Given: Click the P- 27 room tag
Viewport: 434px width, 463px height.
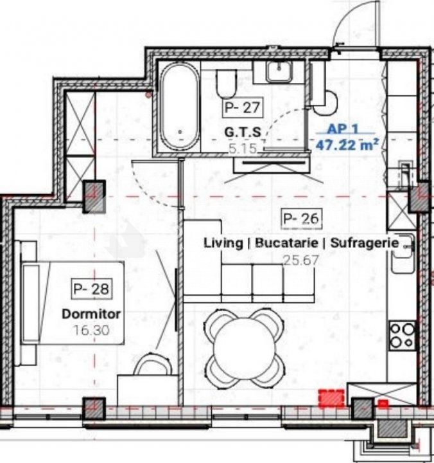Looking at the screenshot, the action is point(242,107).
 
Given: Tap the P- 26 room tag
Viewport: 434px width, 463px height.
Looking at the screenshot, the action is point(301,219).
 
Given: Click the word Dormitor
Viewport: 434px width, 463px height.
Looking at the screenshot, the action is point(91,314).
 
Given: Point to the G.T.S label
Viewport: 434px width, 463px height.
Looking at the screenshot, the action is point(243,132).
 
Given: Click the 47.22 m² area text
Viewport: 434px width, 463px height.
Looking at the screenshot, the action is point(347,145).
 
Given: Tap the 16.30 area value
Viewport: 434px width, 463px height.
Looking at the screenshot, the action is point(91,330).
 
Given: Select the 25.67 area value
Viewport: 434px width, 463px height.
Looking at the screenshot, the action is point(301,260).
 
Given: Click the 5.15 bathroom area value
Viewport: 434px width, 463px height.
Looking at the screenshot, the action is point(243,149).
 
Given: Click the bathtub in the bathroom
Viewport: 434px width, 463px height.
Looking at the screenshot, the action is point(180,107).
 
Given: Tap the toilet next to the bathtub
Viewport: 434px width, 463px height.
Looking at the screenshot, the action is point(226,84).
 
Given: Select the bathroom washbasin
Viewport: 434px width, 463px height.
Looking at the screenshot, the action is point(279,72).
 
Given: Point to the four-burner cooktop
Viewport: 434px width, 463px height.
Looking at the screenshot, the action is point(402,335).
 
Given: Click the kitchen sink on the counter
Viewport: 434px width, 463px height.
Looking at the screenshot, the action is point(403,254).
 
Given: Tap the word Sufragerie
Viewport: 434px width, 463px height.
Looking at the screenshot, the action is point(365,243).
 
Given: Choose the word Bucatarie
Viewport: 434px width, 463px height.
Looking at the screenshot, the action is point(286,242).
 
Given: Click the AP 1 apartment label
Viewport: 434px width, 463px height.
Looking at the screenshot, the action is point(343,129).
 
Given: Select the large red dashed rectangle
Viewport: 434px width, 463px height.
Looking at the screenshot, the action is point(331,398).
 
